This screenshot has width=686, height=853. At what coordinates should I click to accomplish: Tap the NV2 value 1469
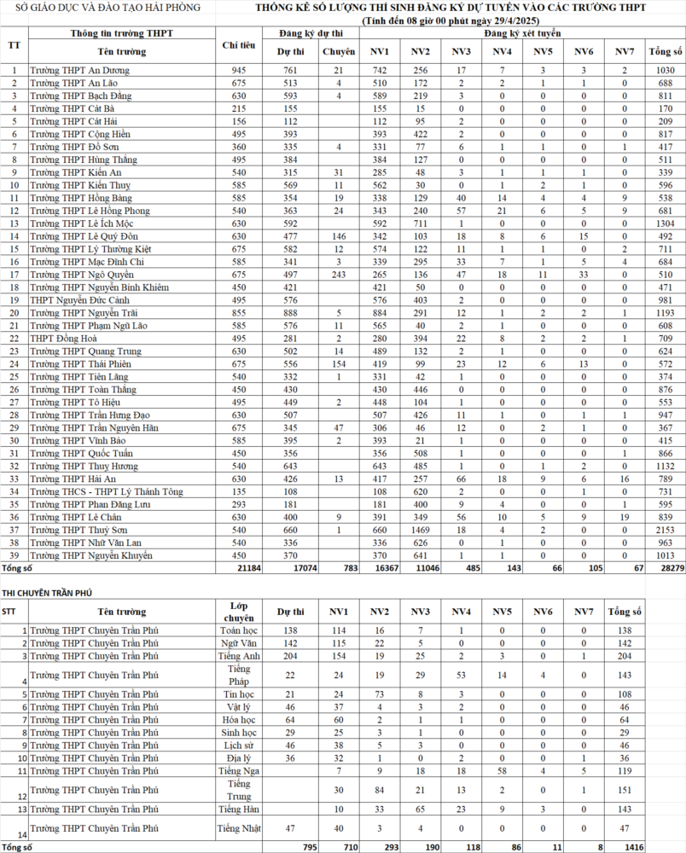420,530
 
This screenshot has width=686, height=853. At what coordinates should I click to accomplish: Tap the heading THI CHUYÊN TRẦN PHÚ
47,592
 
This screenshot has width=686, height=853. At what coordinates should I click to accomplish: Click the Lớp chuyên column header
239,611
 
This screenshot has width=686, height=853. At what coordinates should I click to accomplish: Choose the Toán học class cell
239,630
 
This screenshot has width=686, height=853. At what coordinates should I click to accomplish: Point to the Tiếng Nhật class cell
239,828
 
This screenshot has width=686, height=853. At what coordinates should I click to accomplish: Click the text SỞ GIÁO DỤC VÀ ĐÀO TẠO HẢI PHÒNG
105,8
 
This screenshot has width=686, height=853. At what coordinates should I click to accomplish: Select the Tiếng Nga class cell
239,770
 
